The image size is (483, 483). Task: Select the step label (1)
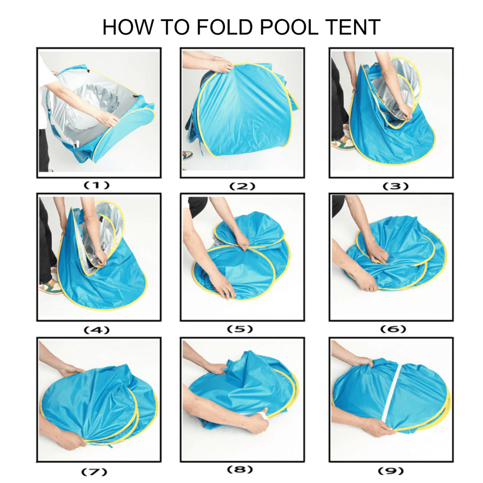[x=99, y=185]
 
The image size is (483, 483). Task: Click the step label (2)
[x=242, y=186]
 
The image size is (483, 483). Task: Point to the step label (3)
[x=391, y=186]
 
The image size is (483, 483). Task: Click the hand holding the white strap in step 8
[x=257, y=420]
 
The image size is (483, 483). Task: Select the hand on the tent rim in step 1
[x=109, y=118]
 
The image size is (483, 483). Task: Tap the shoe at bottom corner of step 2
[x=187, y=155]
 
